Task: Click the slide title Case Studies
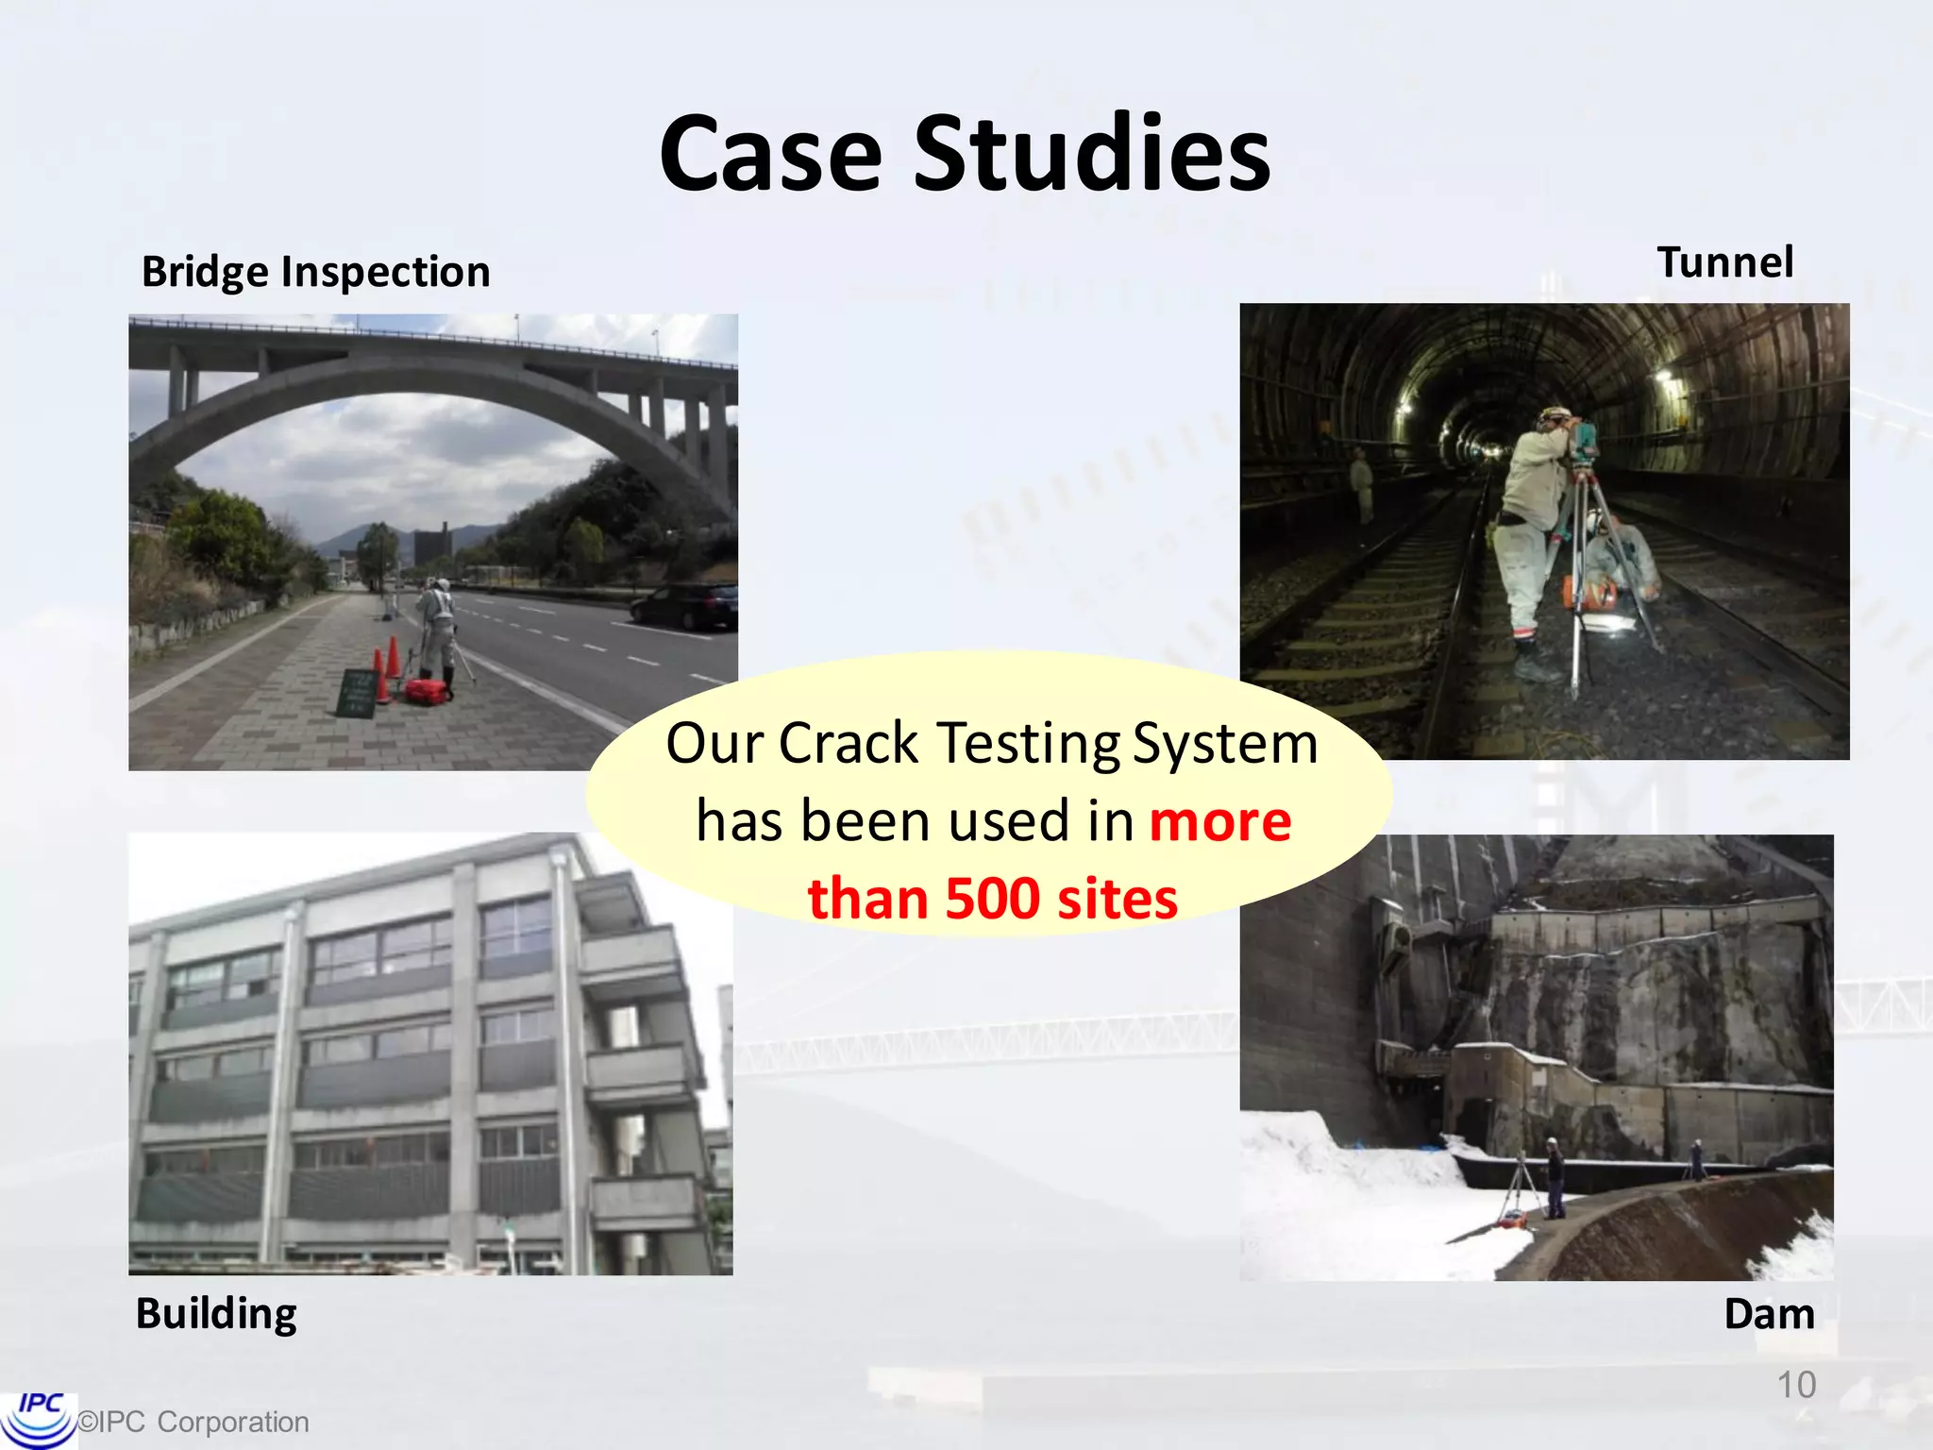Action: (x=965, y=153)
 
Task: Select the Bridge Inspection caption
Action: (x=315, y=272)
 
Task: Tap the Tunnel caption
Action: (x=1724, y=262)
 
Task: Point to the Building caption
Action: (x=216, y=1313)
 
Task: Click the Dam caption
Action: (x=1768, y=1313)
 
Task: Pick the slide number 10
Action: (x=1795, y=1385)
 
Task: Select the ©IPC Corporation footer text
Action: (x=193, y=1422)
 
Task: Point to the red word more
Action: (x=1219, y=820)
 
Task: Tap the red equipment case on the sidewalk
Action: (x=429, y=692)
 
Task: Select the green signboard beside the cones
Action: (x=357, y=693)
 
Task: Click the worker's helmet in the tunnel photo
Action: (x=1554, y=415)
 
